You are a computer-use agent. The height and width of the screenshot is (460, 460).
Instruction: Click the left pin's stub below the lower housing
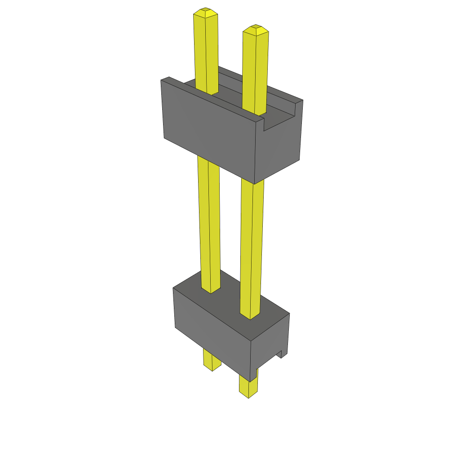tap(212, 359)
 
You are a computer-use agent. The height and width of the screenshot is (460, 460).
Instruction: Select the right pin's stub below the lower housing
tap(248, 386)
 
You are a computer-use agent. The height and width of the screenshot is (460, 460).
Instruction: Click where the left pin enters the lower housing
tap(211, 290)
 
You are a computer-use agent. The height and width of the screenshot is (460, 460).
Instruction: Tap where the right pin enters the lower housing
tap(250, 316)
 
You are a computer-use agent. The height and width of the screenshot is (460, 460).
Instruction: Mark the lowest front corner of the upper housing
tap(255, 183)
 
